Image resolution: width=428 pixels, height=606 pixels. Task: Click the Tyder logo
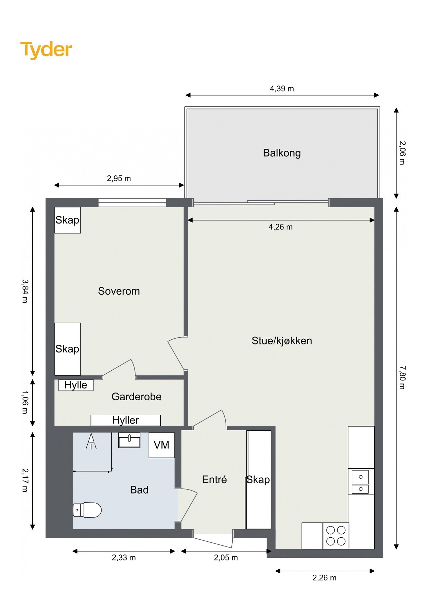point(46,50)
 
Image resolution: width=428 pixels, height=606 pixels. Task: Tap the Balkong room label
point(282,153)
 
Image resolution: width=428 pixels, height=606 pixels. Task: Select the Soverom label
point(119,291)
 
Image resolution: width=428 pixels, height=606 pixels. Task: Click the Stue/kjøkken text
point(282,341)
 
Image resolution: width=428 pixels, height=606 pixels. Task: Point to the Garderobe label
point(136,397)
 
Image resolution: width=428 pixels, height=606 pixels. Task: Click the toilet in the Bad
point(87,510)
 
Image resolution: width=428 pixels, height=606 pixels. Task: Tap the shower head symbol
point(91,441)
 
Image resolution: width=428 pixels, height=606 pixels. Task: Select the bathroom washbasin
point(129,440)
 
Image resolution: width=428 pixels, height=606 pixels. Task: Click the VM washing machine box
point(162,445)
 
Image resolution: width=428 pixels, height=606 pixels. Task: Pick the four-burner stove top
point(336,536)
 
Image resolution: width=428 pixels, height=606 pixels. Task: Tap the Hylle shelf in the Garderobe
point(76,385)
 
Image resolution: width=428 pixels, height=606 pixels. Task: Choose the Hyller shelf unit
point(126,420)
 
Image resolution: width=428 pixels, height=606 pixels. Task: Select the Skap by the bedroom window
point(68,220)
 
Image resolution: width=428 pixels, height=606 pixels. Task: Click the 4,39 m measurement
point(282,89)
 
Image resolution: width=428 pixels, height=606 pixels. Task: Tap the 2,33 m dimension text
point(124,558)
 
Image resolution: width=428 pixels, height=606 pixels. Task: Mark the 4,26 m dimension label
point(280,227)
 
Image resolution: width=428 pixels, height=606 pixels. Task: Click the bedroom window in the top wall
point(132,202)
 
